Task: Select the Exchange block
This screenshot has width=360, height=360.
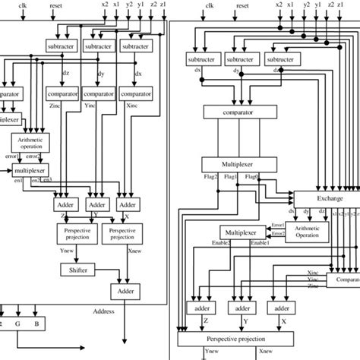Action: (x=330, y=198)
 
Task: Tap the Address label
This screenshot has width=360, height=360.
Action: (x=103, y=311)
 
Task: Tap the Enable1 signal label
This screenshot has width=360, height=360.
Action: (x=261, y=242)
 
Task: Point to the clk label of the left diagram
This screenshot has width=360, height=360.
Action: (x=24, y=5)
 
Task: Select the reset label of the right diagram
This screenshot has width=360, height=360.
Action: (x=242, y=5)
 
